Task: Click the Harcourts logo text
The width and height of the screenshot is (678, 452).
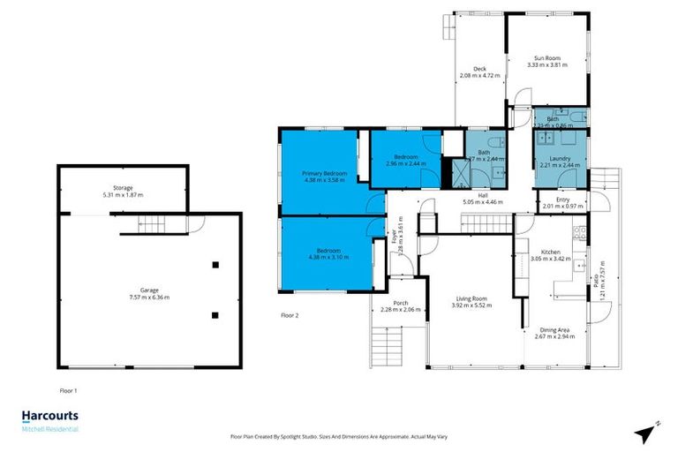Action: (49, 416)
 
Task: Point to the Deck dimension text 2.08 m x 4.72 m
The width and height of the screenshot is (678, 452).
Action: (479, 76)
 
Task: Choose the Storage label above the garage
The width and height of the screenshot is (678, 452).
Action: (122, 187)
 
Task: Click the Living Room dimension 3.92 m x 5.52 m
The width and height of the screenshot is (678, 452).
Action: (470, 305)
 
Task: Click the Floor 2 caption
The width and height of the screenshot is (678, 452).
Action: (290, 314)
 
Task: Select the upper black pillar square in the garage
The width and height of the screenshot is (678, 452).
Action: (215, 264)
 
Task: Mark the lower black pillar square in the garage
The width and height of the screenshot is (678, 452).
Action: (215, 314)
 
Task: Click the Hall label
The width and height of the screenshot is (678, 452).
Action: (483, 195)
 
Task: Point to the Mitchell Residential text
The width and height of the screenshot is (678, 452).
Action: (49, 429)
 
